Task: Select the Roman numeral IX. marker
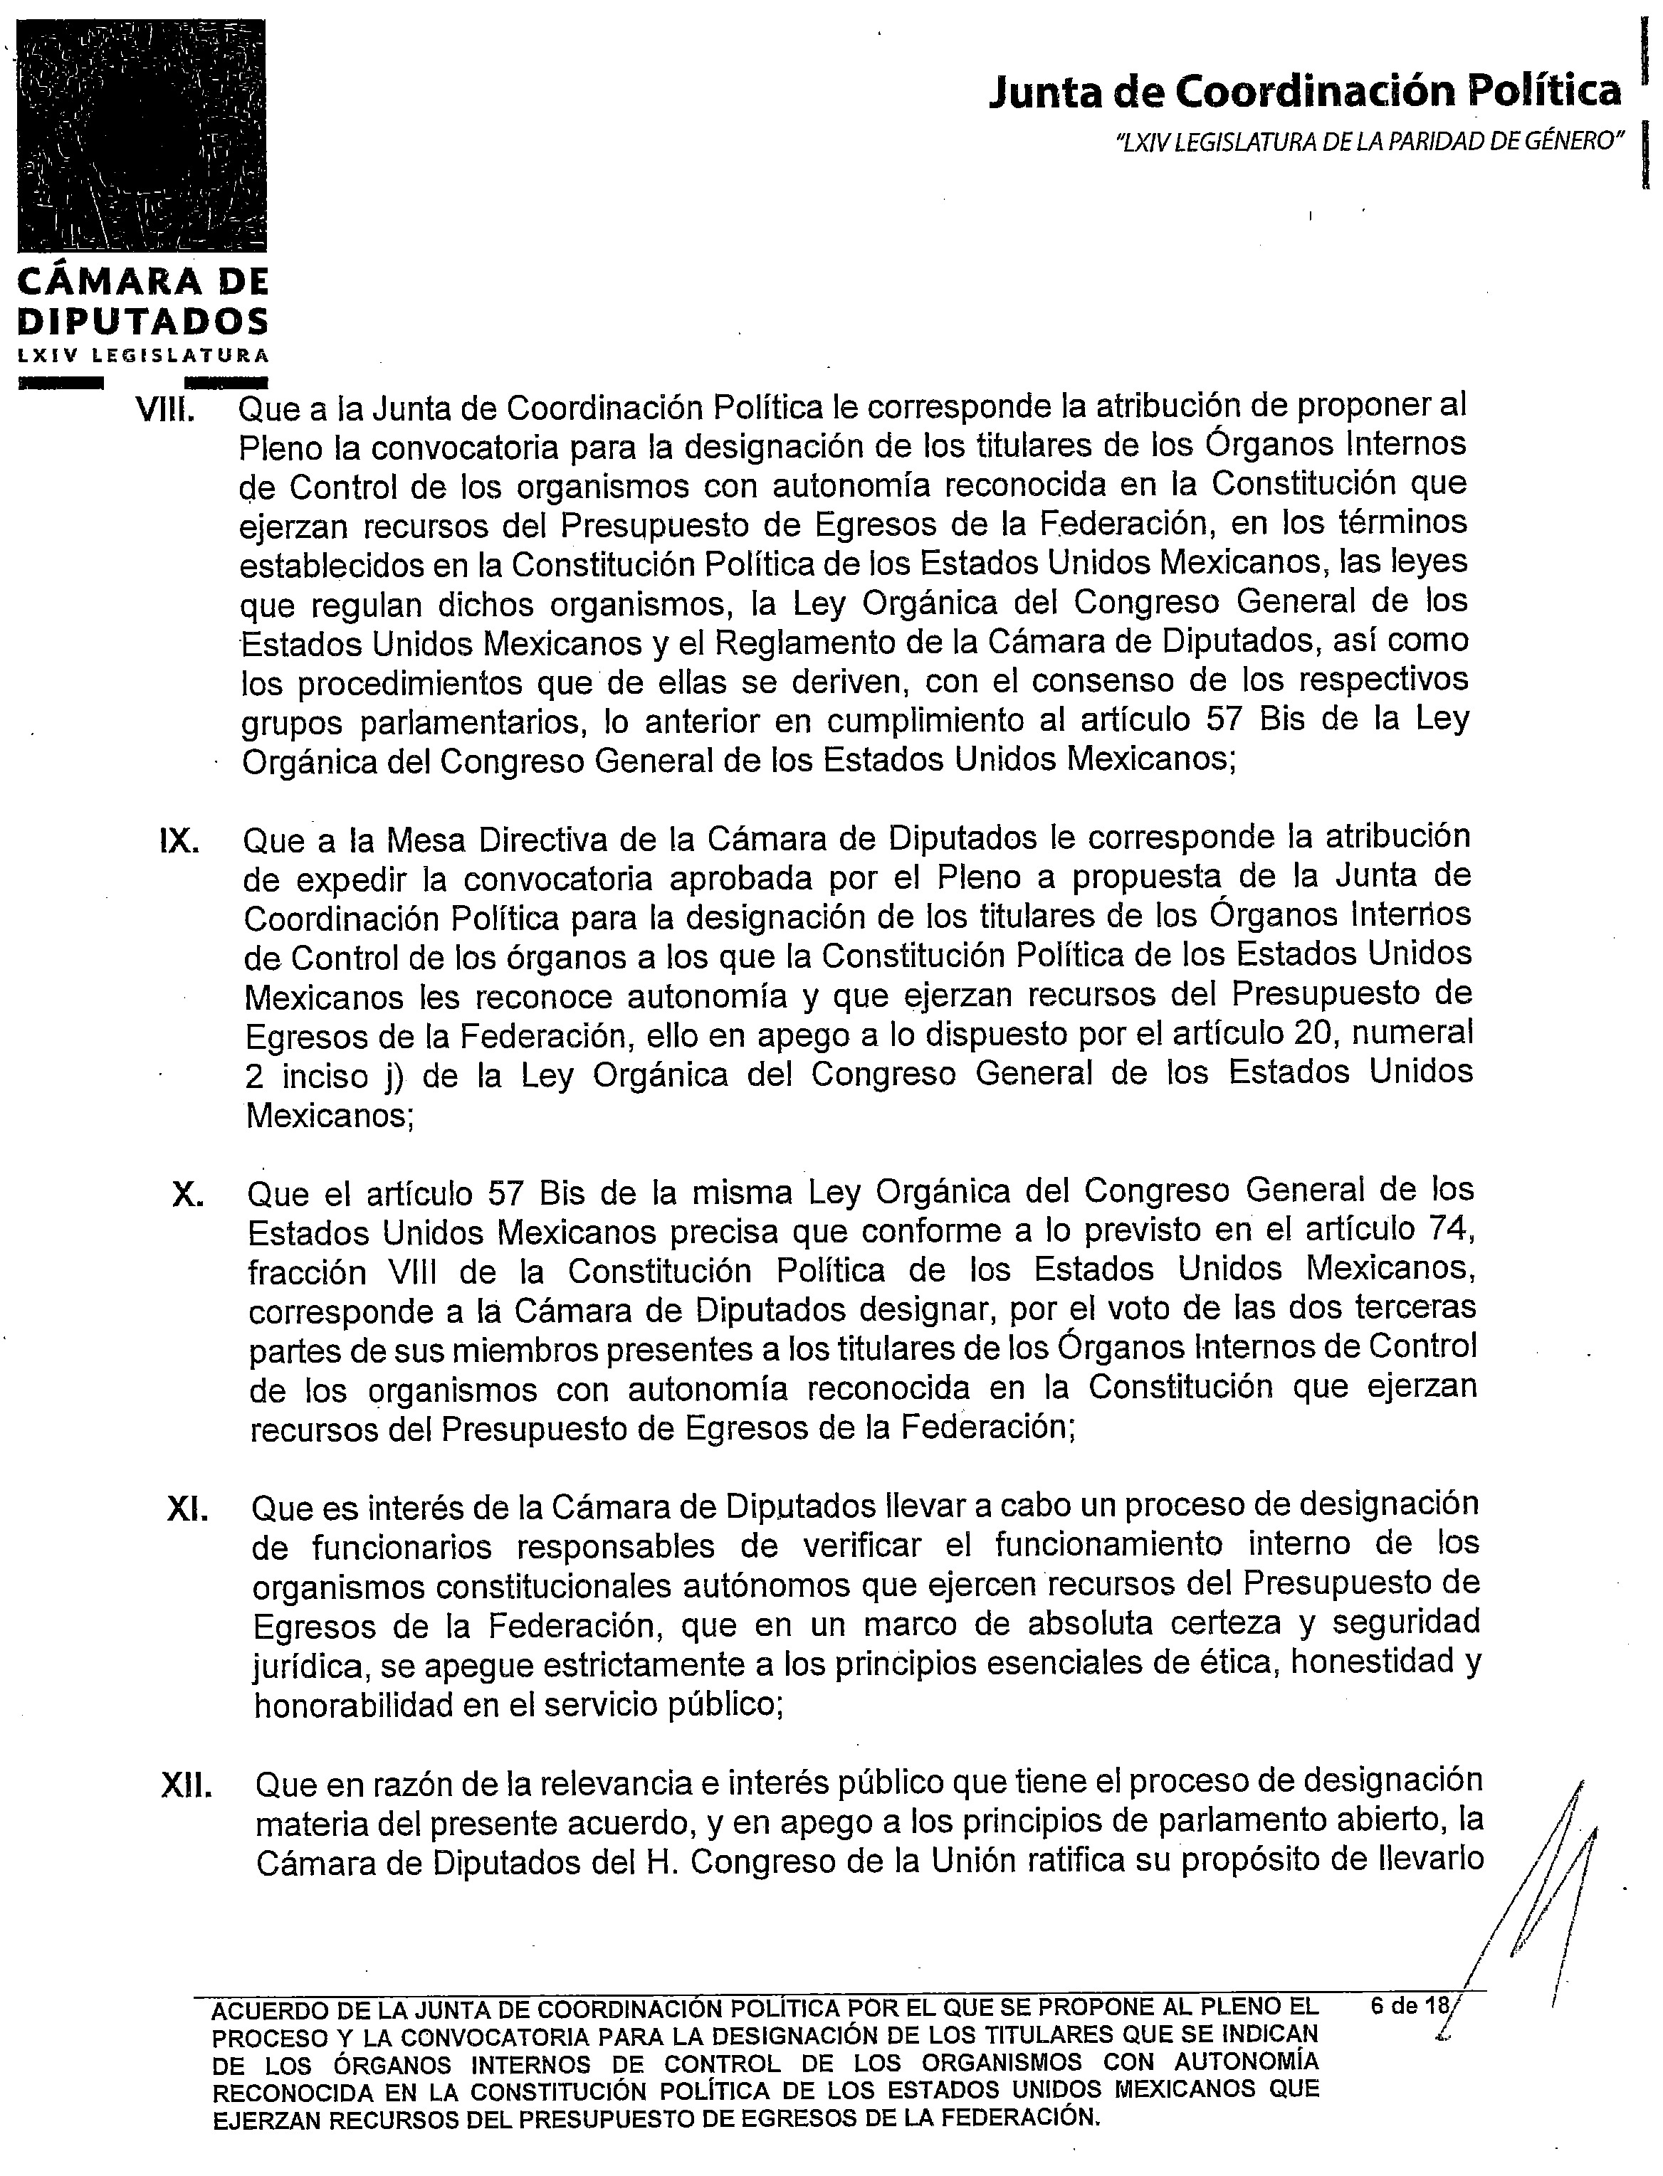tap(180, 841)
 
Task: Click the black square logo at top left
tap(142, 136)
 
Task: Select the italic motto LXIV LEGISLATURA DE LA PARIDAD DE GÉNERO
tap(1370, 142)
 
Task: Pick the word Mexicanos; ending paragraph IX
tap(330, 1116)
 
